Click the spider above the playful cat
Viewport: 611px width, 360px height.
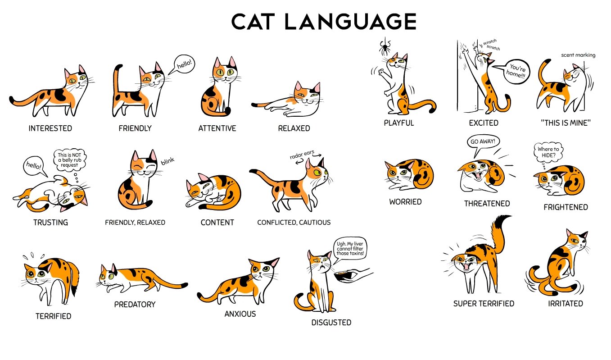pos(385,47)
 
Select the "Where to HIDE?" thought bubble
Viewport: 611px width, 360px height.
pos(548,152)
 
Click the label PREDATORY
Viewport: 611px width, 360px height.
pos(135,304)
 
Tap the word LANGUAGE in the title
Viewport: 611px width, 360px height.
pos(350,22)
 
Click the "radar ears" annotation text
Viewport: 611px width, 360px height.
pos(302,154)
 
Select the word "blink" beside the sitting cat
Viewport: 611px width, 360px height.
pos(167,161)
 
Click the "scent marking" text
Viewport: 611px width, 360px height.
pos(578,55)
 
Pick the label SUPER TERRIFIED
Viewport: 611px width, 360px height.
pos(484,304)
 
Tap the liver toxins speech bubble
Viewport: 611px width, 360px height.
pos(350,248)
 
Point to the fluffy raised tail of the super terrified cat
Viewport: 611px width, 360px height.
pos(500,235)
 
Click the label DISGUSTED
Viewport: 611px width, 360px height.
pos(331,323)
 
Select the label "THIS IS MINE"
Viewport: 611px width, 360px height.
pos(566,123)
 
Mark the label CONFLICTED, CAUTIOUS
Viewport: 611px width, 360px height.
pos(294,223)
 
